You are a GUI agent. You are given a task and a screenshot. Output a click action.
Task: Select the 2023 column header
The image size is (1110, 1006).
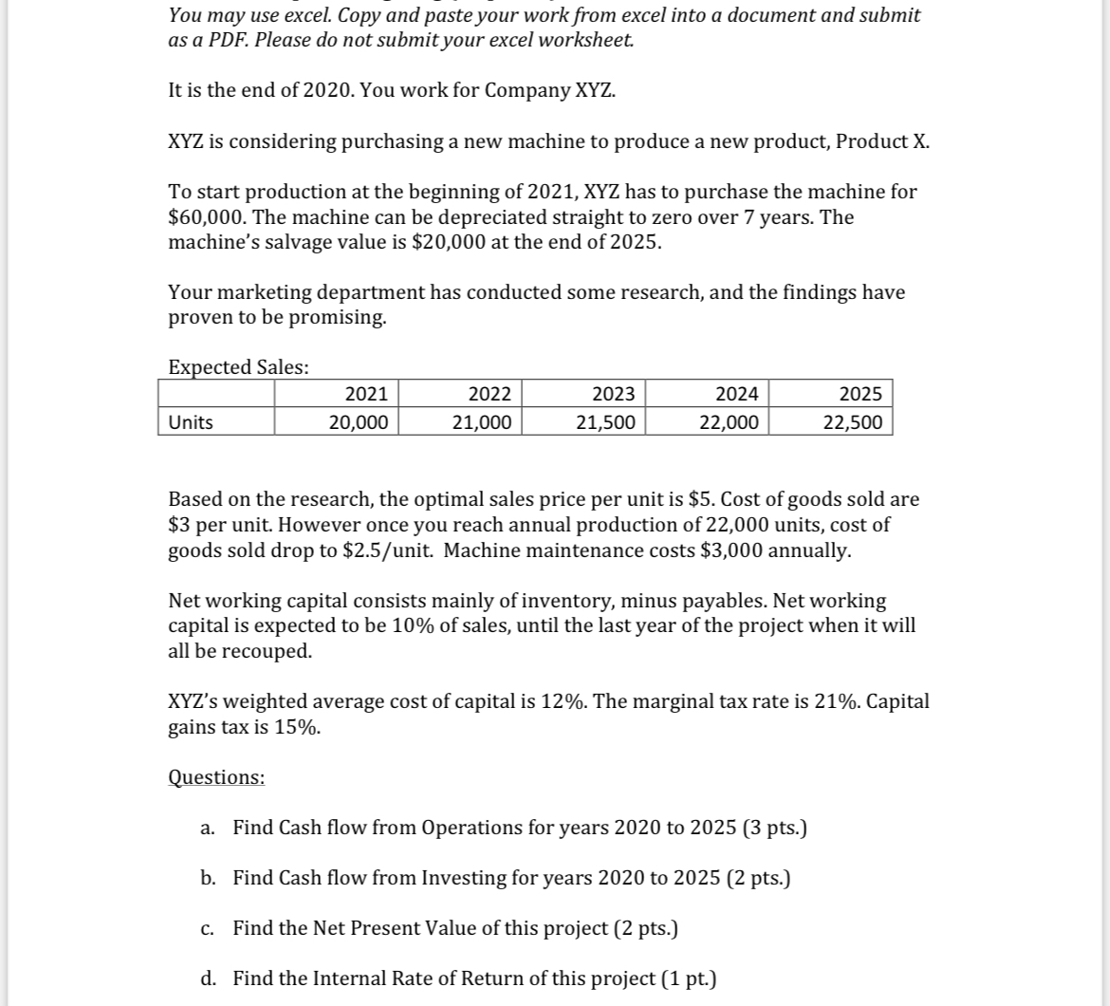point(614,394)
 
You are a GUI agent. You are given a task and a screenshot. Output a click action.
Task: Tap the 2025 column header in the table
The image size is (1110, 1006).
point(860,394)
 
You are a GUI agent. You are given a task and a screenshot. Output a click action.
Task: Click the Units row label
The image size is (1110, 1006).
point(191,422)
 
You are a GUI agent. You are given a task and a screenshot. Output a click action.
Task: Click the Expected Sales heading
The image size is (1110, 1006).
point(238,367)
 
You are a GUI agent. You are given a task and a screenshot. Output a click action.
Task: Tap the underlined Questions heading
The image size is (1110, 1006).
point(216,777)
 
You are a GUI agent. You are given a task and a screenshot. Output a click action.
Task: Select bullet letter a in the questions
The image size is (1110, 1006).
point(207,828)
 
